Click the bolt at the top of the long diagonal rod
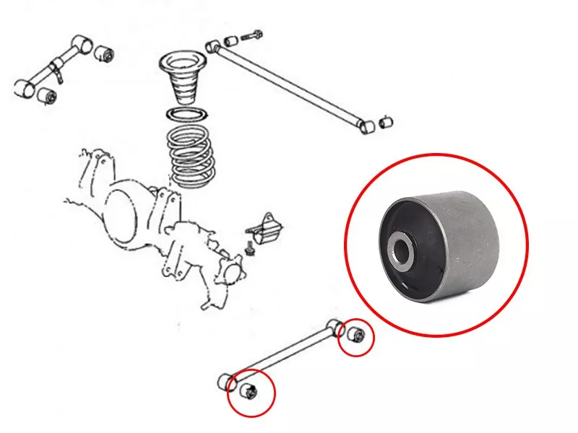(x=254, y=34)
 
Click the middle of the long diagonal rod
(x=289, y=83)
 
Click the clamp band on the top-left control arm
(x=55, y=71)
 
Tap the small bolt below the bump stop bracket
(x=250, y=251)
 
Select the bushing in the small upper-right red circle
(x=357, y=336)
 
